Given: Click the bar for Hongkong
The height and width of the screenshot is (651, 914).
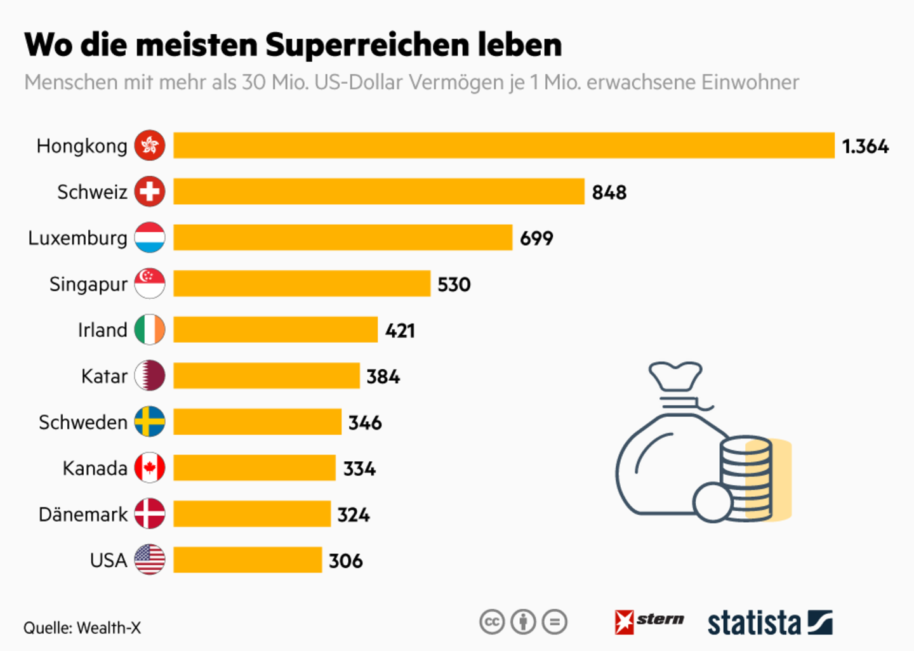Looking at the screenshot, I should click(x=503, y=145).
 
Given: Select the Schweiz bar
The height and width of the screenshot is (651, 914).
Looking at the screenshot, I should click(x=378, y=192).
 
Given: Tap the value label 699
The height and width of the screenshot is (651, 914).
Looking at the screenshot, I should click(x=536, y=238).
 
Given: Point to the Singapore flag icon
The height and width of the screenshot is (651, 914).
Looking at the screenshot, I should click(x=150, y=284).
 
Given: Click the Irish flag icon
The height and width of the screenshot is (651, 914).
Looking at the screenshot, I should click(x=150, y=330).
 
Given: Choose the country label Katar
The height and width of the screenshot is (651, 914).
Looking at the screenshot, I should click(x=104, y=376).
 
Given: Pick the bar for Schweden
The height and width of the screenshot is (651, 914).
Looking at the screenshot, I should click(x=257, y=422).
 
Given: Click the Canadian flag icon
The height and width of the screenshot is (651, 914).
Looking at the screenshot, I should click(x=150, y=468).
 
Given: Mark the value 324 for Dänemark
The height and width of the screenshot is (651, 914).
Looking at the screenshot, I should click(x=354, y=515).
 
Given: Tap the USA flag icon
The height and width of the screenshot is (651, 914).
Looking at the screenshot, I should click(x=150, y=560).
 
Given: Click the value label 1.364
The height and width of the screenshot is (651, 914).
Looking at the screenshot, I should click(x=865, y=147).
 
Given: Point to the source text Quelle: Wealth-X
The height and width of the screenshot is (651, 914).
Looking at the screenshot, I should click(x=82, y=628).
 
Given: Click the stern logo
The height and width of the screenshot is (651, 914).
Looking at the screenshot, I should click(x=649, y=621).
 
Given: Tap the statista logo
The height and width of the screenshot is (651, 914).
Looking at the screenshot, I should click(x=769, y=623).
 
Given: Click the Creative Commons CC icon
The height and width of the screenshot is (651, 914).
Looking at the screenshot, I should click(x=492, y=622).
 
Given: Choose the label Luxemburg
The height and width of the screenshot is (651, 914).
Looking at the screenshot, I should click(x=77, y=238).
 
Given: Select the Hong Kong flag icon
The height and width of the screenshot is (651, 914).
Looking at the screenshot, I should click(x=150, y=145).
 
